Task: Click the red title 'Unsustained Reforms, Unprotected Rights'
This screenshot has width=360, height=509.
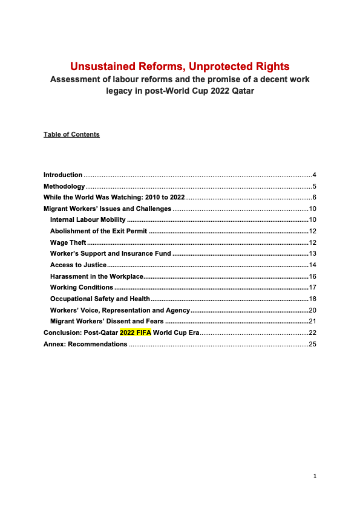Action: (x=180, y=66)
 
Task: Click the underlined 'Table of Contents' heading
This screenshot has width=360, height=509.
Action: (x=71, y=134)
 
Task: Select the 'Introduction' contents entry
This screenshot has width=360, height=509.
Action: (x=63, y=175)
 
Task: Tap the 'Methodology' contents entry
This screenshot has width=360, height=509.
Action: (x=64, y=186)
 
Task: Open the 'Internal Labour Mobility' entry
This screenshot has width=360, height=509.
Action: (x=88, y=219)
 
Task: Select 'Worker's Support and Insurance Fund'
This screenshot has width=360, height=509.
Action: (x=111, y=253)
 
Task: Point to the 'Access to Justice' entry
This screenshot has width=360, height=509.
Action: (x=78, y=265)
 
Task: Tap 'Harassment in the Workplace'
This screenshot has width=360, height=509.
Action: (x=96, y=276)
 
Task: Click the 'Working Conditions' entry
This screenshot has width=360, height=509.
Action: (x=82, y=287)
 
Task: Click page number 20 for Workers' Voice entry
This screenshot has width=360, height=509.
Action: (x=313, y=310)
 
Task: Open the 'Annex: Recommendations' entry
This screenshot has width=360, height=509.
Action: (x=85, y=344)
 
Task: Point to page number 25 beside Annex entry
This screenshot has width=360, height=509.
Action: (x=313, y=344)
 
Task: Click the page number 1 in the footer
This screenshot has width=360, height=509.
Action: (x=315, y=476)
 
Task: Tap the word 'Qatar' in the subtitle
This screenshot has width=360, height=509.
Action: (x=238, y=91)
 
